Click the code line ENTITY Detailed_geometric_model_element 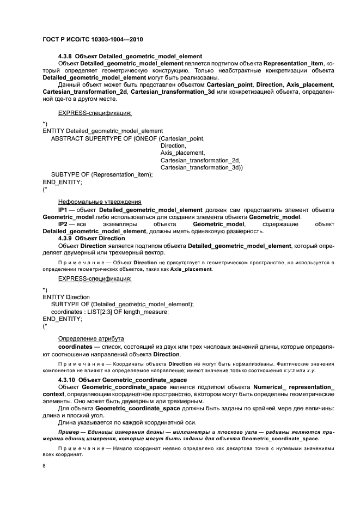102,131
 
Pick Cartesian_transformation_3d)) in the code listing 202,168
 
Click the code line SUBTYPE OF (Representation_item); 101,175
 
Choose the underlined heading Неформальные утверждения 92,202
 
